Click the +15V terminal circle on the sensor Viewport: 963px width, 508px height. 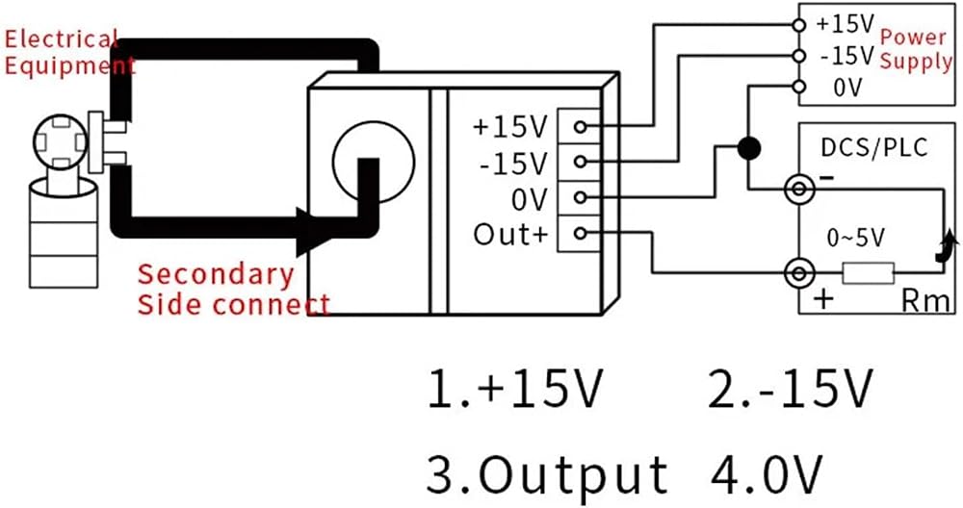tap(580, 126)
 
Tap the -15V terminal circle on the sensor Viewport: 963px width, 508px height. tap(580, 162)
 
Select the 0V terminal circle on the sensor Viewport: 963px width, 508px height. tap(580, 197)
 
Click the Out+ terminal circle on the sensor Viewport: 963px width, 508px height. tap(580, 233)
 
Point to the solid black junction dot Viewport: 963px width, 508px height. tap(748, 148)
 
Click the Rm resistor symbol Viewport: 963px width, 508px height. tap(868, 273)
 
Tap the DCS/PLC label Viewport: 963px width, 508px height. tap(874, 148)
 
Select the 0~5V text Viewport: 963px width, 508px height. tap(856, 238)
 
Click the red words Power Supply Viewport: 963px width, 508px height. tap(916, 49)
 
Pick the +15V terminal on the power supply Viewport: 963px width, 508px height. tap(798, 25)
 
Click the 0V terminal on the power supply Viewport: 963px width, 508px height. tap(798, 87)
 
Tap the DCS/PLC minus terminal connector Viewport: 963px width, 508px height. tap(799, 189)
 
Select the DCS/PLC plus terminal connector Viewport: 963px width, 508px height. tap(799, 273)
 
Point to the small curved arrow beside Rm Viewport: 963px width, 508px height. tap(946, 246)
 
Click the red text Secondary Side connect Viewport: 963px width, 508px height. tap(233, 289)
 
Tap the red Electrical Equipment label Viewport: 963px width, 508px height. tap(69, 52)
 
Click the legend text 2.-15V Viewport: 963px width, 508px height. tap(791, 389)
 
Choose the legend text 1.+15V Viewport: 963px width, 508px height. tap(515, 389)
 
